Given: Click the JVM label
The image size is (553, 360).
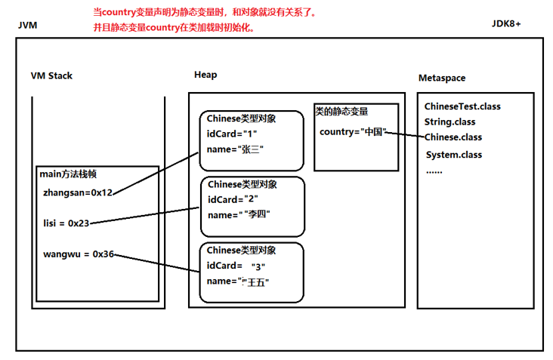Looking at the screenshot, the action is (27, 26).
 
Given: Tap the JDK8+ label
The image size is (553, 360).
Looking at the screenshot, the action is (506, 23).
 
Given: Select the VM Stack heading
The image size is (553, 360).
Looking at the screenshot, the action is (51, 75).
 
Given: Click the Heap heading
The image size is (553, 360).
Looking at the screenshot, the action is (205, 75).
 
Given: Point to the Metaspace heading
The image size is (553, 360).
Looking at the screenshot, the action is (442, 78).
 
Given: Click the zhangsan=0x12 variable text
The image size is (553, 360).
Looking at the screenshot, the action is (78, 192).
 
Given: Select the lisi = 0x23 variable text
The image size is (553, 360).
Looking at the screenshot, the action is (66, 223).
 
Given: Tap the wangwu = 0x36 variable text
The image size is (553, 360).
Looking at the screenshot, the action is (79, 254).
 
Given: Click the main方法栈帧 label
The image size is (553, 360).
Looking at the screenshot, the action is (68, 174).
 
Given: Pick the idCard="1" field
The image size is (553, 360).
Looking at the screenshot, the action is (232, 134).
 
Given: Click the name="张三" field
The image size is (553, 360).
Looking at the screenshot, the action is (235, 149).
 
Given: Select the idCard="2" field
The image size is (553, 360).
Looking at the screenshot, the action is (233, 199).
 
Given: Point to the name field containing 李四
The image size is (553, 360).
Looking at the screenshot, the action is (239, 214).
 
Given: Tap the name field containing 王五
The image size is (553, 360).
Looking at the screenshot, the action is (238, 282).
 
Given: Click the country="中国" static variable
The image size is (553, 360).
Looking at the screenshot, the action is (353, 132).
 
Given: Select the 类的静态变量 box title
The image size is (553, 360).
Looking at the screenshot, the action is (341, 112).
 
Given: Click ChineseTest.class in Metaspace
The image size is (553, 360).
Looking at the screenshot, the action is (462, 106).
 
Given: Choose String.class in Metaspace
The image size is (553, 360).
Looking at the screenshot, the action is (450, 122).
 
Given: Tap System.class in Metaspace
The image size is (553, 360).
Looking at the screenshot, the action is (454, 155).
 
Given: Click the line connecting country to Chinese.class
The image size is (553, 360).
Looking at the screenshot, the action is (405, 134).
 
